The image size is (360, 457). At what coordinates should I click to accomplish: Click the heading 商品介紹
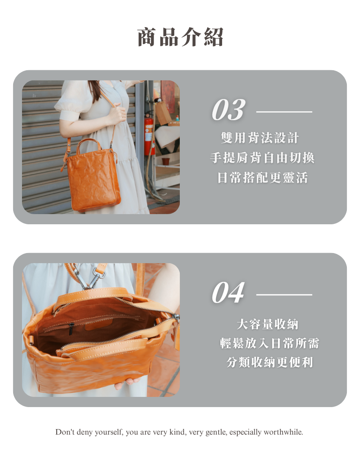click(x=180, y=37)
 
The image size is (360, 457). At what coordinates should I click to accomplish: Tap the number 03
click(x=228, y=110)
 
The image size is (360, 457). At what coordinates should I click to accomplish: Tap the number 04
click(x=228, y=292)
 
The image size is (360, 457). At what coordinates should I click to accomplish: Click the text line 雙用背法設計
click(x=260, y=138)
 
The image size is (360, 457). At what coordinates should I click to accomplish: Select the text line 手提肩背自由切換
click(x=262, y=158)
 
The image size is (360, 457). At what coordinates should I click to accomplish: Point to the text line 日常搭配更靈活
click(x=262, y=177)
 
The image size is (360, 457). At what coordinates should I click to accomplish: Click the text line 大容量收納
click(x=267, y=324)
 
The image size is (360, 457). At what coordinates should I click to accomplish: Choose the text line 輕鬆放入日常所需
click(x=269, y=343)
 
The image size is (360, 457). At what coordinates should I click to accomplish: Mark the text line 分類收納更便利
click(x=269, y=362)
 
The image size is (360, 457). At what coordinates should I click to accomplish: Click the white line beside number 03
click(x=284, y=112)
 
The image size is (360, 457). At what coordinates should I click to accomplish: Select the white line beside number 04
click(x=284, y=295)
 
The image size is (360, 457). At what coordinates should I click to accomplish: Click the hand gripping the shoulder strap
click(x=116, y=114)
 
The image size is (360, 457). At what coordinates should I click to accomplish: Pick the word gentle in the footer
click(x=216, y=432)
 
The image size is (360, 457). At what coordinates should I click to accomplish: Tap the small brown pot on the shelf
click(x=166, y=161)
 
